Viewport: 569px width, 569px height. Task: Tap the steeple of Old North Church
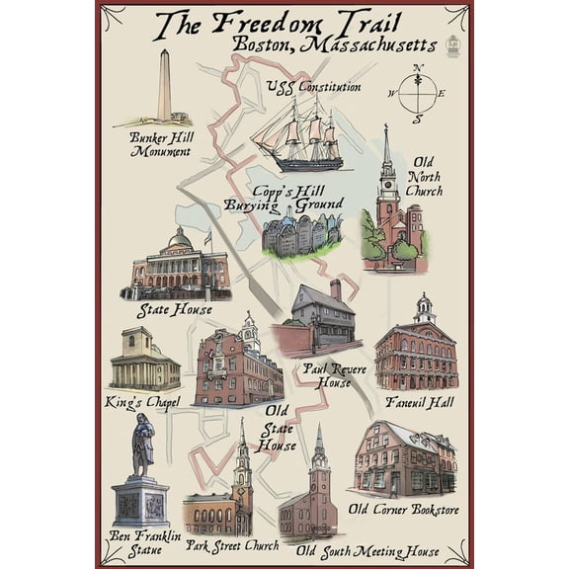coord(386,158)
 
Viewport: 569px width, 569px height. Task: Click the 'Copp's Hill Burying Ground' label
coord(284,197)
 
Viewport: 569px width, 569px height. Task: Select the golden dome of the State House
coord(179,241)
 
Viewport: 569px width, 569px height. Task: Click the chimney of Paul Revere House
coord(336,289)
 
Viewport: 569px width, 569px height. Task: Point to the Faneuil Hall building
coord(416,351)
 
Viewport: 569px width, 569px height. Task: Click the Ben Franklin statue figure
coord(141,445)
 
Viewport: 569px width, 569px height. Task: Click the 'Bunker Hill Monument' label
coord(161,144)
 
